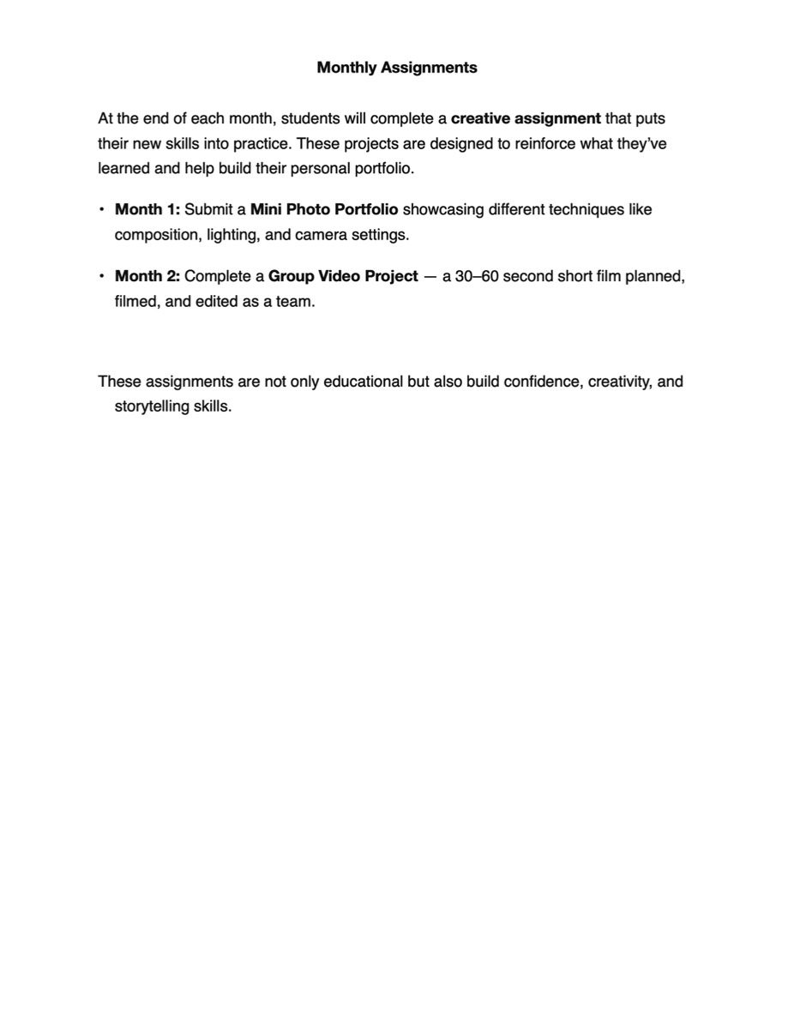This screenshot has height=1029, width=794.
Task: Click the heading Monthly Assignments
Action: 397,68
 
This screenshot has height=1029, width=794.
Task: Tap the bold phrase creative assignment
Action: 526,118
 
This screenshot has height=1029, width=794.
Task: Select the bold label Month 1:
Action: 147,209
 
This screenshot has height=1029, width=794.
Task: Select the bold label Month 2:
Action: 147,276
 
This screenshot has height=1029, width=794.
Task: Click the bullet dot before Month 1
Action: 101,209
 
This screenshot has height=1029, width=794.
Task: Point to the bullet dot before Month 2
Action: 101,276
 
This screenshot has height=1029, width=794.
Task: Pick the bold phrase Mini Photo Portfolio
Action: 324,209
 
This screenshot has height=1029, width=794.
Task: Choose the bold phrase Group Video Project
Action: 343,276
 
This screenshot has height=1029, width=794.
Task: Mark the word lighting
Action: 232,234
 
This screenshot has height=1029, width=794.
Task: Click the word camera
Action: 321,234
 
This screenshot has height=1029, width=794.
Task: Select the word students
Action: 310,118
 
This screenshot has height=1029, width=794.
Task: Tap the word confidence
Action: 542,382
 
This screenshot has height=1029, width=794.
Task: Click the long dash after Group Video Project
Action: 430,276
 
